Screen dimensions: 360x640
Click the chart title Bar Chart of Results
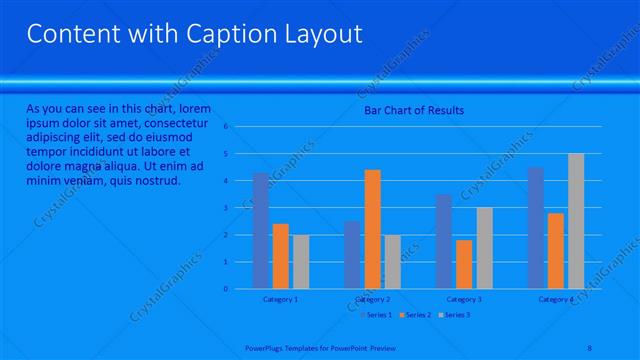click(x=413, y=110)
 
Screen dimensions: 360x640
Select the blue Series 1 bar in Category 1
click(x=261, y=231)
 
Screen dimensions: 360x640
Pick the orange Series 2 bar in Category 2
click(x=372, y=229)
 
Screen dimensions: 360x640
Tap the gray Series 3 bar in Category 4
click(x=576, y=221)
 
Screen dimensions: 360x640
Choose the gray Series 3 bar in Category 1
click(x=300, y=262)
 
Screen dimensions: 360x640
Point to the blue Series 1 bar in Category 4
click(x=536, y=228)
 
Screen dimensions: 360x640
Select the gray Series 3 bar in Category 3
click(x=484, y=248)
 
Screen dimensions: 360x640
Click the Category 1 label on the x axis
click(x=280, y=299)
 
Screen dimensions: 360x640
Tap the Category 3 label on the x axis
click(x=464, y=299)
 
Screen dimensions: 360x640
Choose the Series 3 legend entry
click(x=457, y=315)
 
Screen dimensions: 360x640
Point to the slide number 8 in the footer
click(x=589, y=348)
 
